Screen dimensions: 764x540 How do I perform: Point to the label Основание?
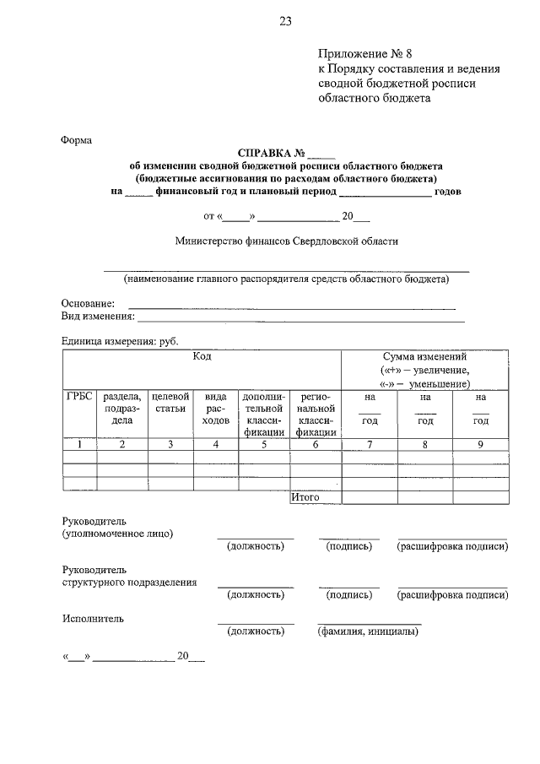click(87, 303)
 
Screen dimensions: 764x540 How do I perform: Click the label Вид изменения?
click(98, 316)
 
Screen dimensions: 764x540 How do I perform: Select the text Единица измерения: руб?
click(120, 340)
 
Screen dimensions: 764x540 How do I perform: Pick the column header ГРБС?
click(78, 396)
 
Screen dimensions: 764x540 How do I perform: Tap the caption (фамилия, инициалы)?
click(368, 631)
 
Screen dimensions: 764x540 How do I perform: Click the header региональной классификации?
click(316, 414)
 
